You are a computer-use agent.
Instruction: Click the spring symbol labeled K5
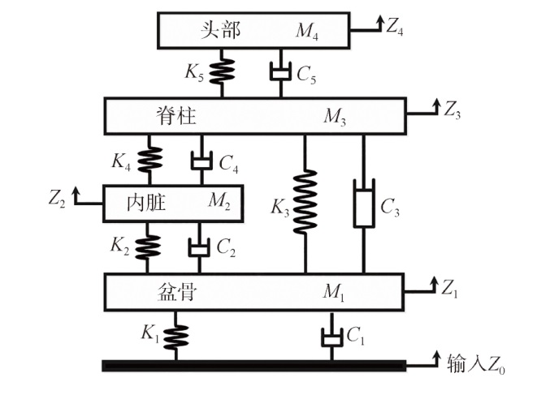[x=220, y=71]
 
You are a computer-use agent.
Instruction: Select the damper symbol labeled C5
[x=280, y=73]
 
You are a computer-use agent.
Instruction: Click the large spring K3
[x=305, y=201]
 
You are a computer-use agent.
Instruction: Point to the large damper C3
[x=362, y=205]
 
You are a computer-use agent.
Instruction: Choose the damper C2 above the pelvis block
[x=199, y=247]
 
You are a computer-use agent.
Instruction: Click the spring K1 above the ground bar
[x=175, y=335]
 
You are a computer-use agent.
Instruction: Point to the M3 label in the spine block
[x=335, y=117]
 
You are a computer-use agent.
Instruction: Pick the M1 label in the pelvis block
[x=333, y=291]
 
